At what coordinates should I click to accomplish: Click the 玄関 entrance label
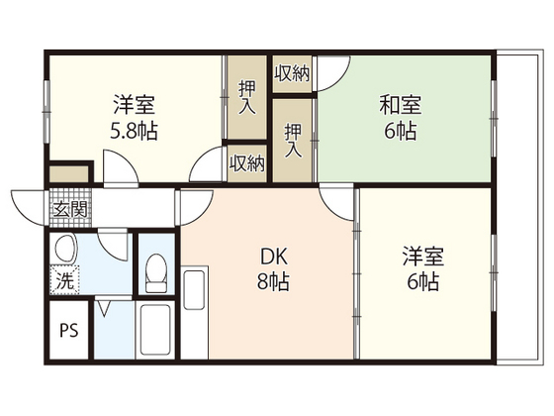[69, 208]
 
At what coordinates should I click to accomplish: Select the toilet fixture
[155, 268]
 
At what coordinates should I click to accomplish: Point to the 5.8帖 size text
[133, 131]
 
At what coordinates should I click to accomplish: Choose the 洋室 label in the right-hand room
[422, 257]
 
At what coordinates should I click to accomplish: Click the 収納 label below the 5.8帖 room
[247, 163]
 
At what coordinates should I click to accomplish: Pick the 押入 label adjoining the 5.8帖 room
[248, 98]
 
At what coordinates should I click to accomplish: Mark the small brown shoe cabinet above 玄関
[69, 173]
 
